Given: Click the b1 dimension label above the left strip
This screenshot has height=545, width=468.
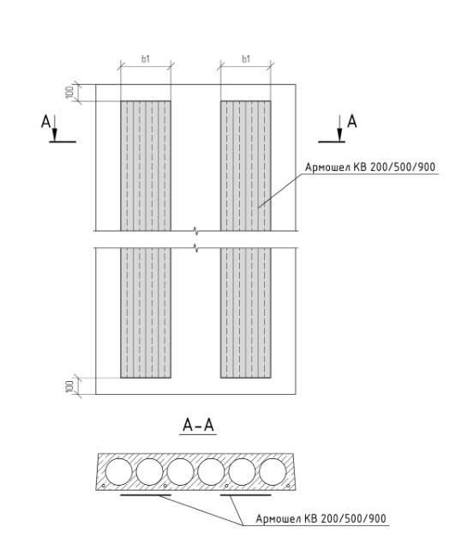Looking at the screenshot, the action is click(146, 59).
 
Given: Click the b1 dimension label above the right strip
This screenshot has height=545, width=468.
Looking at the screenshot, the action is click(246, 59).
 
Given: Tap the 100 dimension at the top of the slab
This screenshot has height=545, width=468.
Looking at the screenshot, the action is click(69, 93).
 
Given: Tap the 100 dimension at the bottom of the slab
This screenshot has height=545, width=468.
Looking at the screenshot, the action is click(69, 386).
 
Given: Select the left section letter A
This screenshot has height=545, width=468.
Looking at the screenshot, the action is click(45, 122).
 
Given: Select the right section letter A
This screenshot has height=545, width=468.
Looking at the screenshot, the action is click(352, 122).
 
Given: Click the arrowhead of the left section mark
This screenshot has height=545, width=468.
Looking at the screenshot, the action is click(55, 135).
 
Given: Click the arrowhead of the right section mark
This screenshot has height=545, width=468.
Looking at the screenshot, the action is click(340, 135).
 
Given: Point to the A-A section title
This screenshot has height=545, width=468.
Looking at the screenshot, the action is click(198, 425).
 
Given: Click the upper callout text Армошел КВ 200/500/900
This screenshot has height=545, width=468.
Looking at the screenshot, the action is click(370, 167).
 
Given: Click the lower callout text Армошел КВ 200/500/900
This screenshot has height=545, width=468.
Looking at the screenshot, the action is click(321, 518).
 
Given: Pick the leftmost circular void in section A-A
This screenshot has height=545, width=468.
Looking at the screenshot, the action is click(119, 472).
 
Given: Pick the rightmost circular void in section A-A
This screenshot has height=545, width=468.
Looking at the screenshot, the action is click(273, 472).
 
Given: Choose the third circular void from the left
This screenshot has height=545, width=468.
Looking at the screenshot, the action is click(180, 472).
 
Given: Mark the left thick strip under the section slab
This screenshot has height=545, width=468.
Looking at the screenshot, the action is click(146, 494).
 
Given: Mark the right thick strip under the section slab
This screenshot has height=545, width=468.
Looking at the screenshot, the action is click(246, 494).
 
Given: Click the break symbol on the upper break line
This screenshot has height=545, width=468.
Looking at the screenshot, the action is click(196, 230).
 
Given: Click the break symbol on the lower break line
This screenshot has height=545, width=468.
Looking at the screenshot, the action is click(196, 248).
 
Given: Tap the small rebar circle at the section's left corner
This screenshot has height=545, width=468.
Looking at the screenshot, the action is click(104, 486).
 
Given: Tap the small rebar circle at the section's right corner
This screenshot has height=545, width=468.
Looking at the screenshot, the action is click(288, 486).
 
